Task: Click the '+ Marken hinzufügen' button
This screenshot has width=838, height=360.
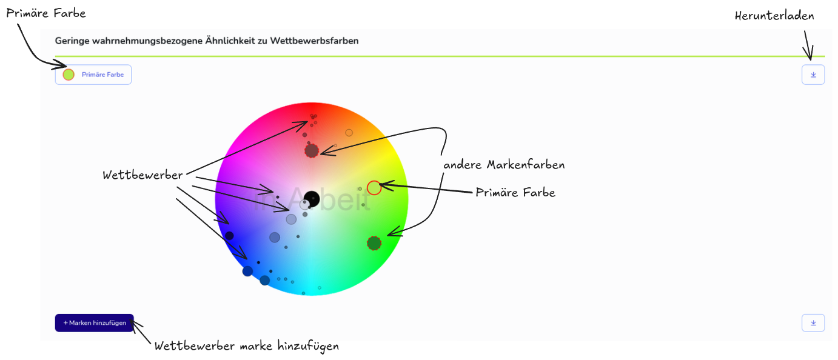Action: pyautogui.click(x=94, y=322)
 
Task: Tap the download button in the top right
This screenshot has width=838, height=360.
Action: pyautogui.click(x=813, y=75)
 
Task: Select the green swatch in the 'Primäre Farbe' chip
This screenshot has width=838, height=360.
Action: pyautogui.click(x=69, y=75)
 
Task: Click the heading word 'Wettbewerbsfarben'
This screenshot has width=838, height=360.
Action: pyautogui.click(x=314, y=41)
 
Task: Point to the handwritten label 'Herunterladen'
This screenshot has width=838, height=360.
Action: pyautogui.click(x=774, y=16)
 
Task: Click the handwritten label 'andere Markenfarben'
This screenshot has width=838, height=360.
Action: pyautogui.click(x=504, y=164)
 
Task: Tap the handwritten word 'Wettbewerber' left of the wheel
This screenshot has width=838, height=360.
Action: pyautogui.click(x=142, y=175)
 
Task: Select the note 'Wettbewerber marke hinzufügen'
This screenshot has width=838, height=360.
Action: pyautogui.click(x=247, y=346)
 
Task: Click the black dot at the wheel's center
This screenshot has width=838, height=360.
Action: pyautogui.click(x=312, y=199)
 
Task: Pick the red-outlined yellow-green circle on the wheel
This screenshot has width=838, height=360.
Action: pyautogui.click(x=374, y=188)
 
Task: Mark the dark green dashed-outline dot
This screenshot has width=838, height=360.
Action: pyautogui.click(x=374, y=244)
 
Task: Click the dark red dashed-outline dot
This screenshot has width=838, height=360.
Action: pyautogui.click(x=312, y=151)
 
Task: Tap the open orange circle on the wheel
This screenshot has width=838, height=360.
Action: pyautogui.click(x=349, y=133)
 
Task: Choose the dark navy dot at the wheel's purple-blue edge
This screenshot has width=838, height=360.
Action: pyautogui.click(x=229, y=236)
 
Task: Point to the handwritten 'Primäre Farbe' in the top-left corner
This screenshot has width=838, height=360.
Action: pyautogui.click(x=46, y=13)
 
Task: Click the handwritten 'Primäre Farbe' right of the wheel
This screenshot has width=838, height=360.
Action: pyautogui.click(x=515, y=193)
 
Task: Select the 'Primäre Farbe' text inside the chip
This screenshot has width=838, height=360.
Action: pyautogui.click(x=103, y=75)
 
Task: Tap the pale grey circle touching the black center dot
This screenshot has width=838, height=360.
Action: pyautogui.click(x=304, y=204)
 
